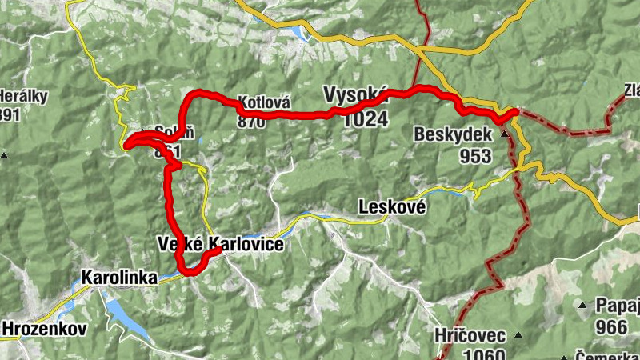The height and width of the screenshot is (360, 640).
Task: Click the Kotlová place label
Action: tap(262, 103)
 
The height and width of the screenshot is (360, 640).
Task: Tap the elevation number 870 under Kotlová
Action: tap(250, 122)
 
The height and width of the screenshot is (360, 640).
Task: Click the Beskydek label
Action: tap(453, 136)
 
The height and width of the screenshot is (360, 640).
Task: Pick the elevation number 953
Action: tap(476, 156)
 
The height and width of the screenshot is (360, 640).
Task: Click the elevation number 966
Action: tap(611, 327)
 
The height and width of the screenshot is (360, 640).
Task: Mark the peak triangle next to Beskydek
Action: tap(504, 134)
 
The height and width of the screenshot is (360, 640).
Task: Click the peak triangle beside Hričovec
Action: tap(518, 334)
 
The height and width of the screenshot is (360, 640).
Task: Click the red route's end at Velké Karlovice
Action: tap(218, 251)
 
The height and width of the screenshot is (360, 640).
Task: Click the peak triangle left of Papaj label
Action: tap(582, 305)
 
